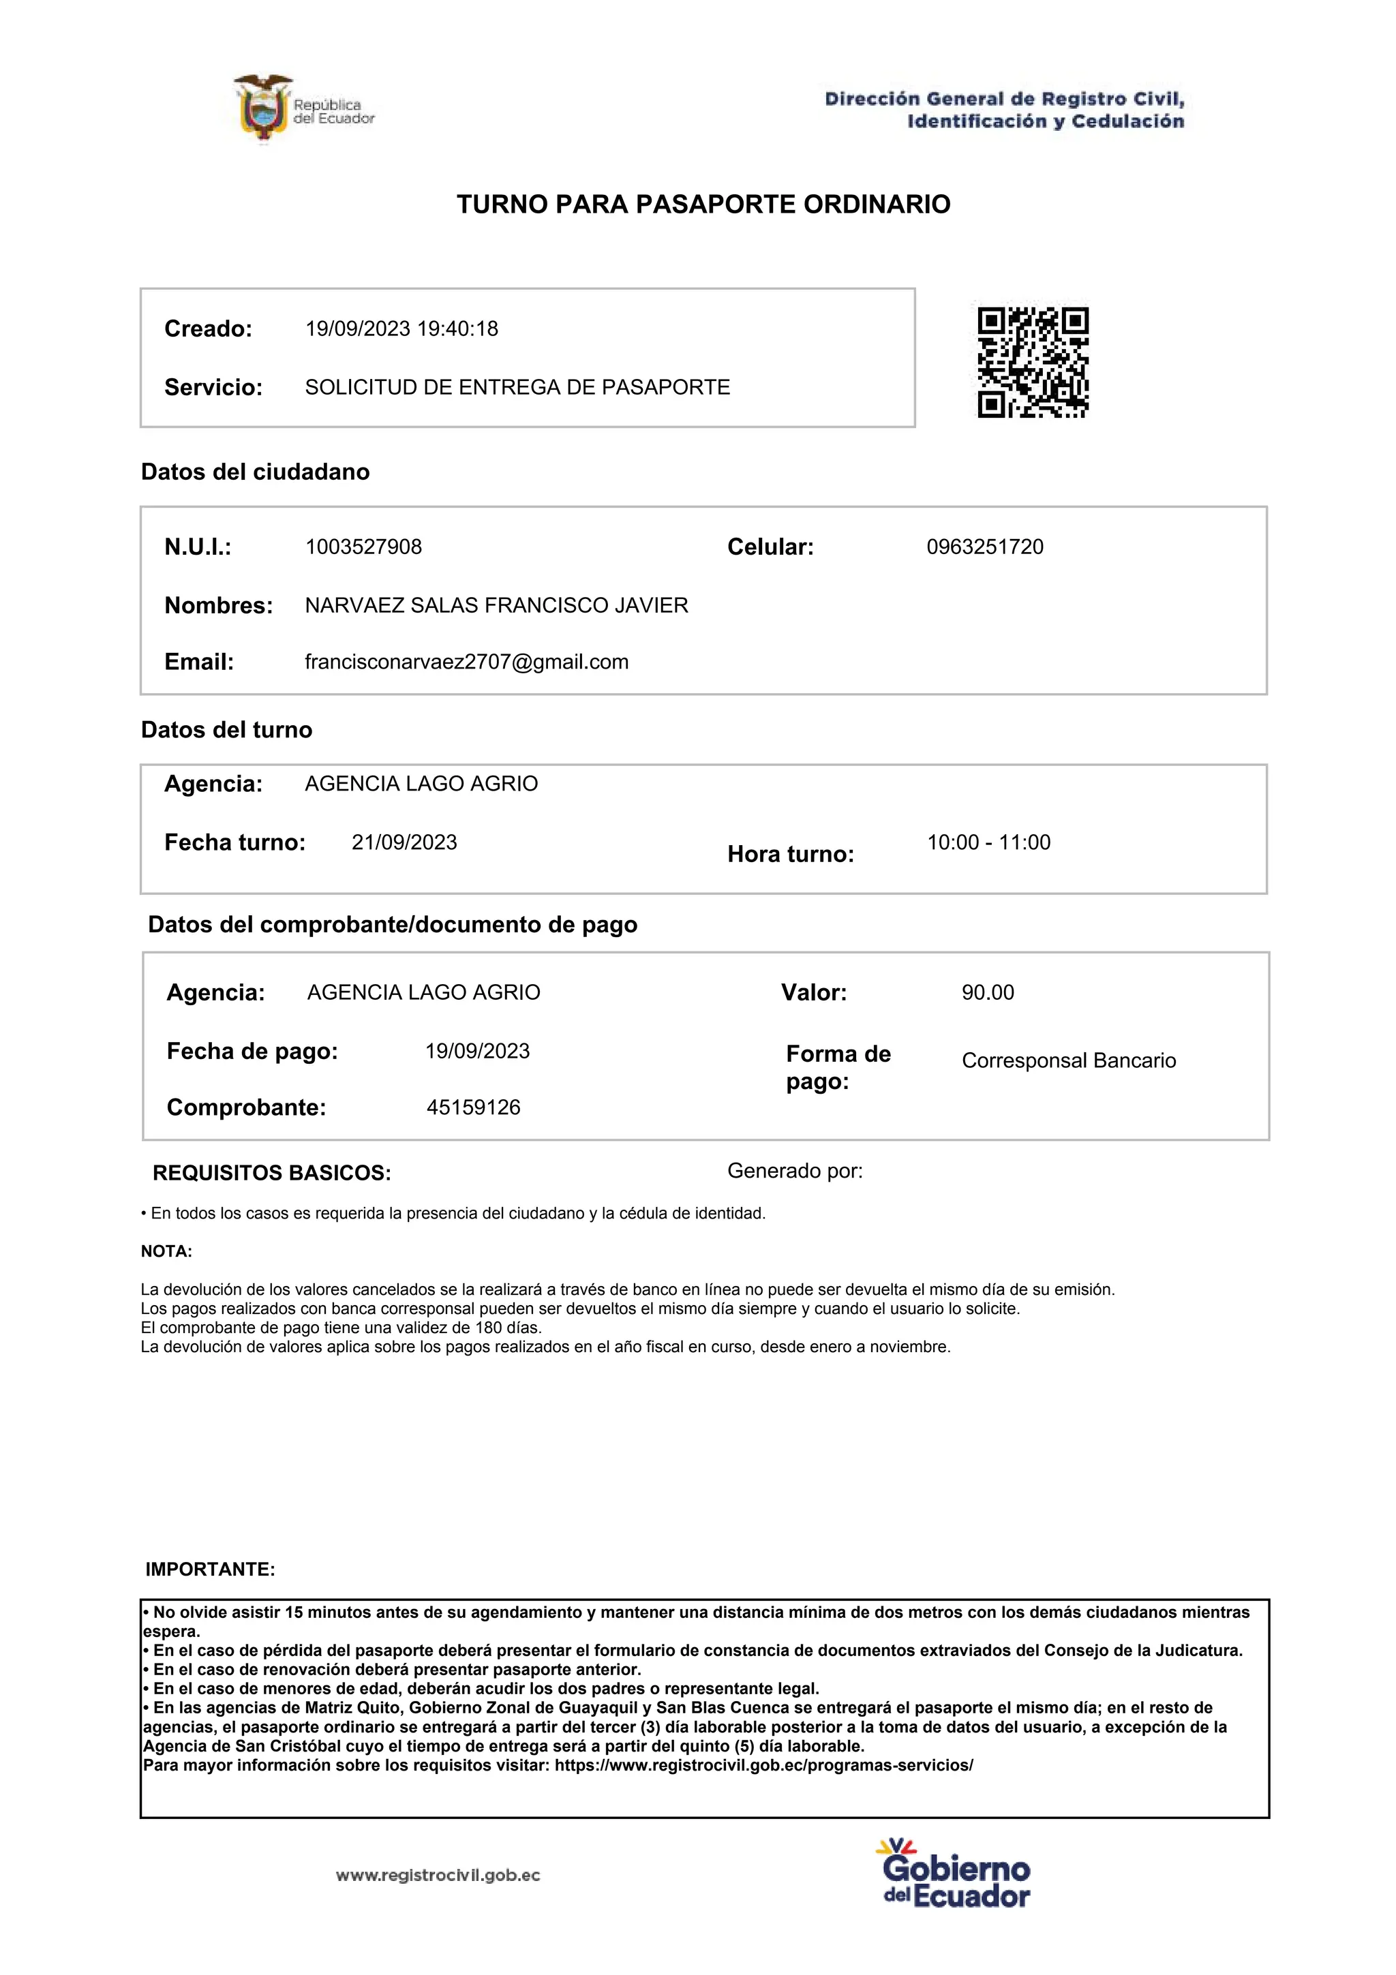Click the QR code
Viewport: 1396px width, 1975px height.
[1032, 362]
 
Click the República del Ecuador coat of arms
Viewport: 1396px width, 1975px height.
[262, 109]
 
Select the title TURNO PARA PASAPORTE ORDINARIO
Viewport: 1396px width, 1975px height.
[703, 204]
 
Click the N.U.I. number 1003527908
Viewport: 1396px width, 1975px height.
[363, 547]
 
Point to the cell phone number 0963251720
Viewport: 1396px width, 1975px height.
[984, 547]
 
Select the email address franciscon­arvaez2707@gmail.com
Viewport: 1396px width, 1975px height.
[466, 662]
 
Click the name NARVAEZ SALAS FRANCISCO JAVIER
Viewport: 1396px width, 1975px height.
[496, 606]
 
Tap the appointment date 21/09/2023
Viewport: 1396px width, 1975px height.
[404, 842]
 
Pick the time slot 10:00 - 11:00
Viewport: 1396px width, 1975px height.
[988, 842]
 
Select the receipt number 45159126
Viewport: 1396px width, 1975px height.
[473, 1107]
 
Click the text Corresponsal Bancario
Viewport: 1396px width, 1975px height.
[1068, 1060]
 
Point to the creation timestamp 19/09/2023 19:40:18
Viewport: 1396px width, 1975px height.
[401, 328]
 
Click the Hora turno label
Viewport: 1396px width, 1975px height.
[791, 854]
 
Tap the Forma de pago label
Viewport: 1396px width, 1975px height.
[838, 1067]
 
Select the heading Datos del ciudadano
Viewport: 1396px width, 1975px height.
[256, 472]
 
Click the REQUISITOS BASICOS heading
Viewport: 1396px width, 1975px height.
[272, 1174]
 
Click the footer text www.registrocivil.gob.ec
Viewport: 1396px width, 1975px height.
[438, 1876]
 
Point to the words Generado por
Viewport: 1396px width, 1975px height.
[795, 1171]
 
